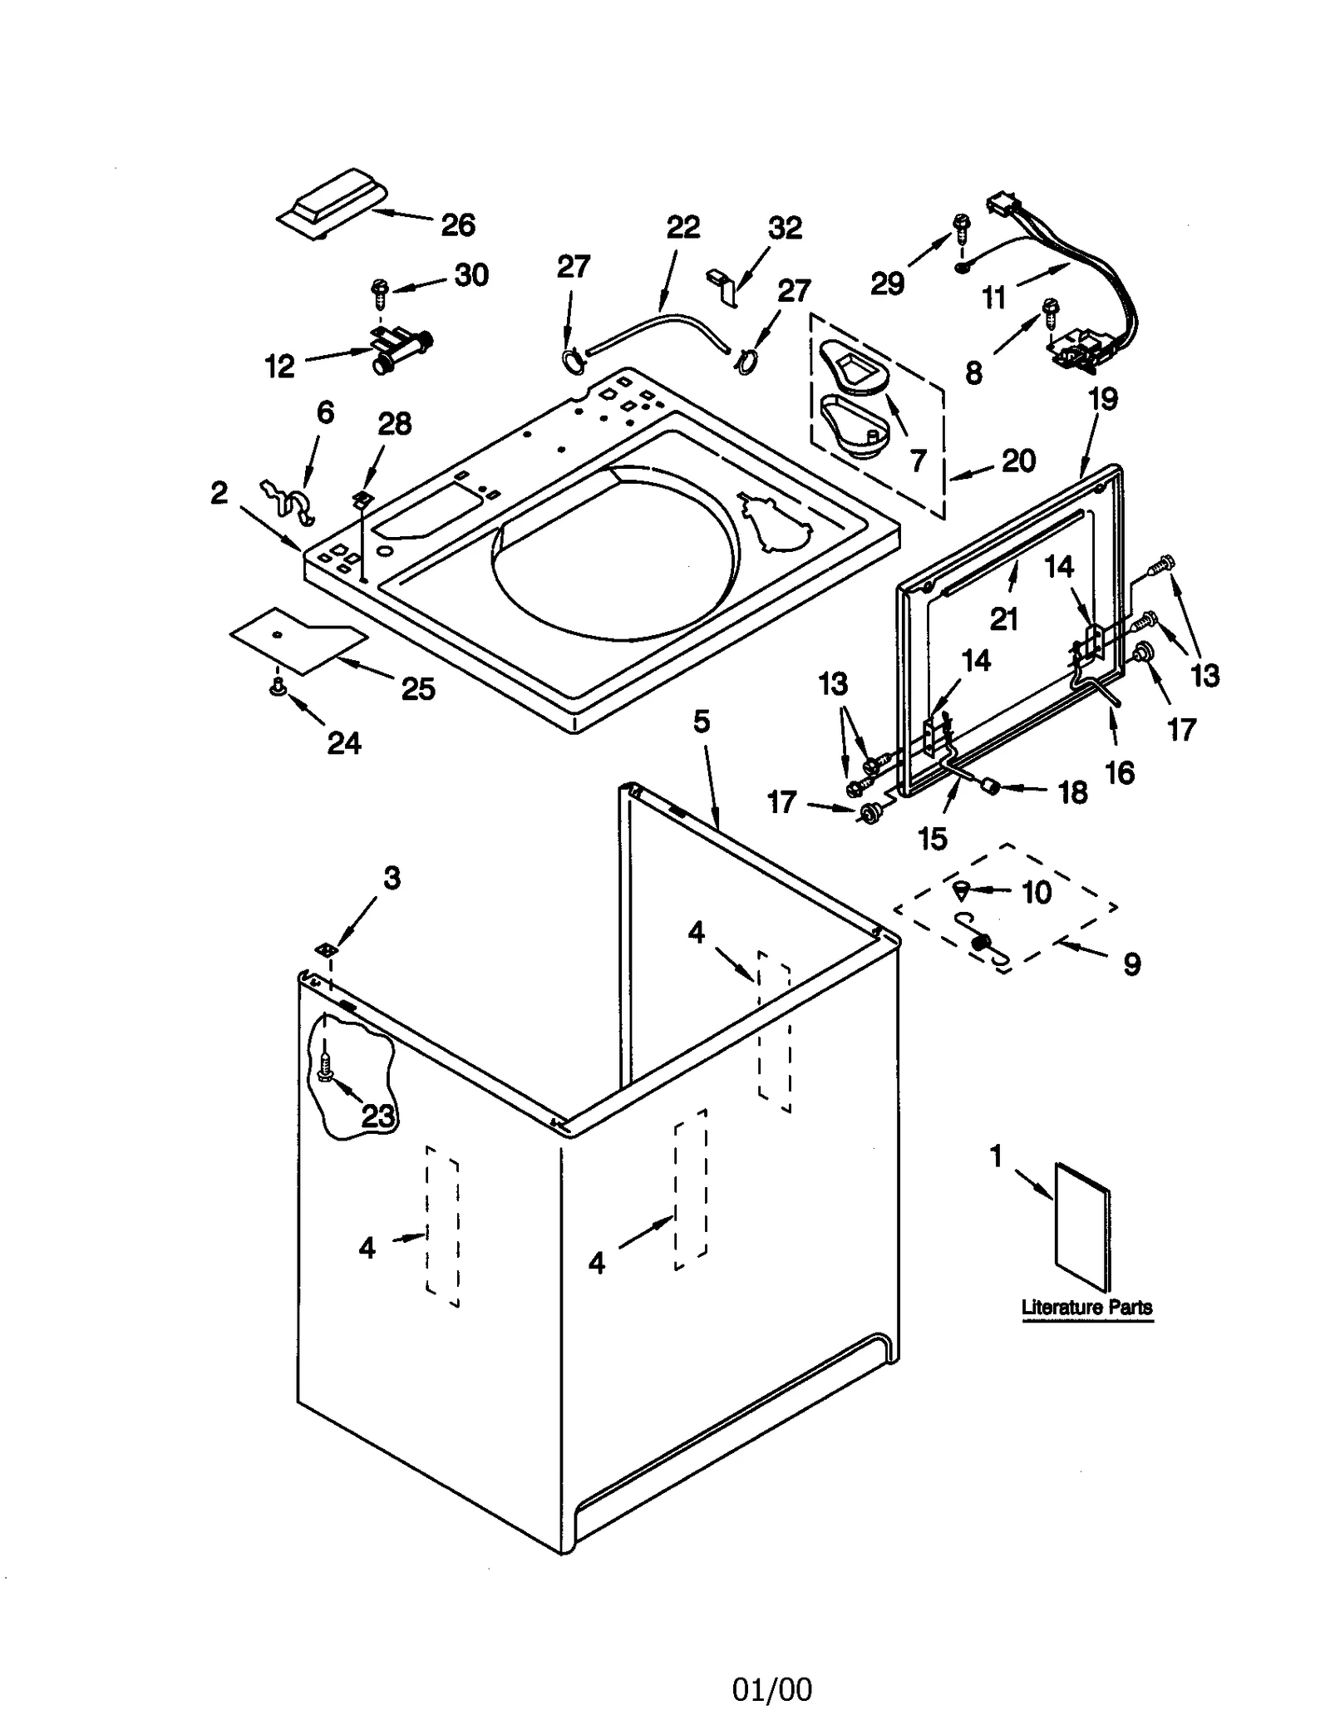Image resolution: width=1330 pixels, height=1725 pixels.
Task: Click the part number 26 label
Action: (457, 224)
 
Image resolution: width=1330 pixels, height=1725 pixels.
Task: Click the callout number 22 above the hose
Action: (683, 227)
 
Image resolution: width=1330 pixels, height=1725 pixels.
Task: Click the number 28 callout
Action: (394, 424)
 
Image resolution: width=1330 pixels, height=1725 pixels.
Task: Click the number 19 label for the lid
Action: (1103, 399)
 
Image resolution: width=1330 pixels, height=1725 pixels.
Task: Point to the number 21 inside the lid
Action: (1004, 619)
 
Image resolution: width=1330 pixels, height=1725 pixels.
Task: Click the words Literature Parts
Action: (1086, 1307)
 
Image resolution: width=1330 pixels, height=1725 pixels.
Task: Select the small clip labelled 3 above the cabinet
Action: (325, 949)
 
